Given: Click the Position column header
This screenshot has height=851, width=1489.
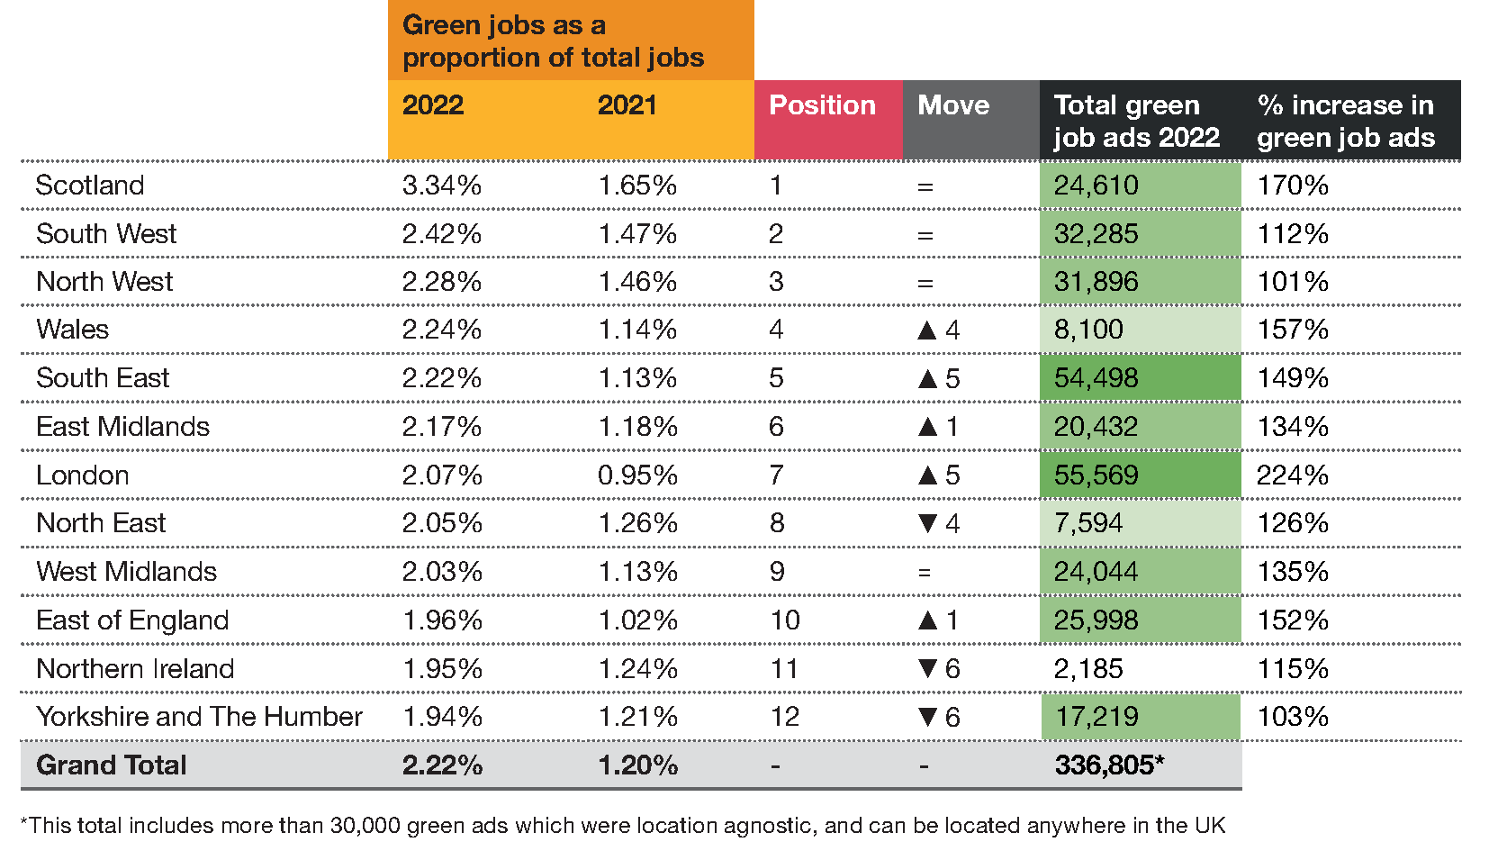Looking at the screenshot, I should [822, 105].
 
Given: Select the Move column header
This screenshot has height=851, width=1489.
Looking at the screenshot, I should [952, 105].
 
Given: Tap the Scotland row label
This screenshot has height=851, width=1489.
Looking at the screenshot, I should [90, 186].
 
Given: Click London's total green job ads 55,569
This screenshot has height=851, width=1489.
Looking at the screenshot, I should [1096, 475].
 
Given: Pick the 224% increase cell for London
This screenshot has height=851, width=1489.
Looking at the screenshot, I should [1292, 475].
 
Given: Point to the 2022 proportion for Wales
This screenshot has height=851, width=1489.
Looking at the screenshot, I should [441, 330].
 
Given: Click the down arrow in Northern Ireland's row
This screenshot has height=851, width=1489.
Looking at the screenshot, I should [928, 669].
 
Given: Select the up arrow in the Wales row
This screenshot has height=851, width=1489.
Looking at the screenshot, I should [927, 330].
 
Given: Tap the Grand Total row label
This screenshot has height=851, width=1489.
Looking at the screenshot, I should [112, 765].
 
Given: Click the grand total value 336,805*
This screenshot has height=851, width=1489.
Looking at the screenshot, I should [1109, 765].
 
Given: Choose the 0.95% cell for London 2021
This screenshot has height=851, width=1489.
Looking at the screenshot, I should [637, 475].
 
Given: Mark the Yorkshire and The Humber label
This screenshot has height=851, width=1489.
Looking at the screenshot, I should [199, 717].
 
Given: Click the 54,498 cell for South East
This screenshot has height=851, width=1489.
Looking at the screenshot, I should [1096, 378].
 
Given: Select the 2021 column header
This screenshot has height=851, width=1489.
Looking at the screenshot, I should [627, 105].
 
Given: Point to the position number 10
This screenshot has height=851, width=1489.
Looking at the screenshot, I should [785, 620].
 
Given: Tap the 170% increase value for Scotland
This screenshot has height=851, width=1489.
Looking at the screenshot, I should [1292, 186].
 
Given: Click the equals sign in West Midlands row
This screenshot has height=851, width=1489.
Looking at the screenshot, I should [925, 573].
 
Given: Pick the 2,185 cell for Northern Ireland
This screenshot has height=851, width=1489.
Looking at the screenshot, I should [1088, 669].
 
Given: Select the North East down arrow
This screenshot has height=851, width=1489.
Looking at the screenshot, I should [928, 523].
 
